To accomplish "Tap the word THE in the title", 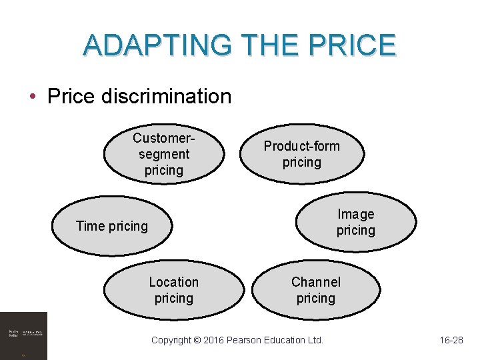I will click(x=267, y=45).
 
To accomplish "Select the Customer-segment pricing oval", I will click(x=162, y=154).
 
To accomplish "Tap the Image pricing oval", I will click(x=357, y=223).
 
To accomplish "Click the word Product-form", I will click(x=301, y=146).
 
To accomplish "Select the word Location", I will click(x=173, y=282).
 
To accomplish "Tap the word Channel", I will click(x=315, y=282).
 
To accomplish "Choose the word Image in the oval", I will click(x=356, y=214).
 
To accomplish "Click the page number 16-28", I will click(x=451, y=340).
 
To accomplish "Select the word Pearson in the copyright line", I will click(x=249, y=340).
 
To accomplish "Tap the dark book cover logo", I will click(x=24, y=335).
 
